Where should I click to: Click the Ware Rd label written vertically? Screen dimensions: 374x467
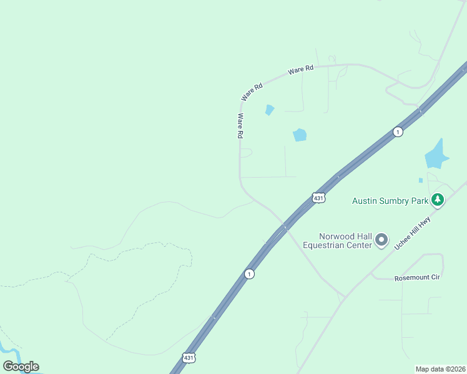point(240,126)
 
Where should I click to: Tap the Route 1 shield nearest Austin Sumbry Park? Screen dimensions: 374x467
point(398,132)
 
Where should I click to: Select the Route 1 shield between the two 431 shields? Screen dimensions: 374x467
point(249,274)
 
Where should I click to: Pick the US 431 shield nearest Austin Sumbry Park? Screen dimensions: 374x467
point(318,198)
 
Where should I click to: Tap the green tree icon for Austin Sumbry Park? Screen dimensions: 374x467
point(438,200)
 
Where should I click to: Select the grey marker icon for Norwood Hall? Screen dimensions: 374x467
point(381,240)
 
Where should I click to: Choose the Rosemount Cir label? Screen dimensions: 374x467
point(417,277)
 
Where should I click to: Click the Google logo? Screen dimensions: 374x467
point(21,367)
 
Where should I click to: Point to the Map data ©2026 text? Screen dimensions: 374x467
point(441,368)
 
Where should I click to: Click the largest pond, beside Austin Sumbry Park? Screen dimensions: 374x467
point(436,156)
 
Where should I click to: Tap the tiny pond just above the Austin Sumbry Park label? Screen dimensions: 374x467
point(421,180)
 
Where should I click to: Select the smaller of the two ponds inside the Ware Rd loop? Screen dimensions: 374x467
point(269,110)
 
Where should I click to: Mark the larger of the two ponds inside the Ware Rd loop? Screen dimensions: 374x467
point(300,135)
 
